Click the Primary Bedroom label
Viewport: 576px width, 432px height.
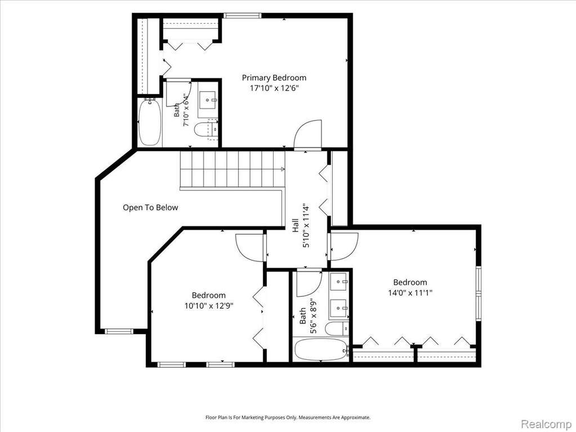274,78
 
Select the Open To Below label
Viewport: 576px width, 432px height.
150,207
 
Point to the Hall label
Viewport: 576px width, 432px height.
296,225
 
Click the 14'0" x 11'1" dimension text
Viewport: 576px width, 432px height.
410,293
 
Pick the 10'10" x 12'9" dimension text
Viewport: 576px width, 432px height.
209,306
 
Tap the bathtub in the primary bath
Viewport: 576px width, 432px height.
150,122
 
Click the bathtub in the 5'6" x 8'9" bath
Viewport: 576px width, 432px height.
321,350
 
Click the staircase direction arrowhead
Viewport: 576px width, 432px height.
283,169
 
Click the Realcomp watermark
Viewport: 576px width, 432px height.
546,424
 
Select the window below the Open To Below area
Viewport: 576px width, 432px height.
119,331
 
